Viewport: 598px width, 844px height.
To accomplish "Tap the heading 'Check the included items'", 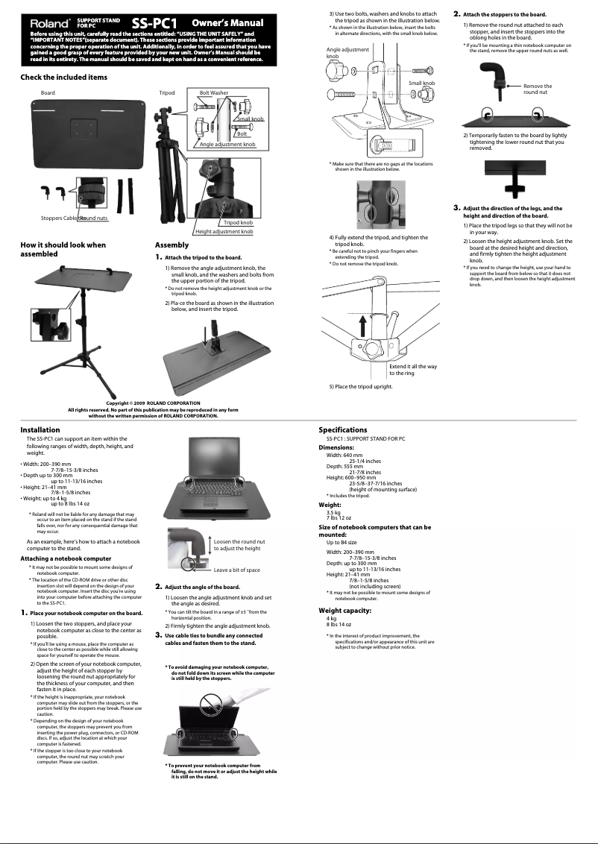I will [x=63, y=78].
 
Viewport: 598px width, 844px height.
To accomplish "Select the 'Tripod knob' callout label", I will [x=238, y=223].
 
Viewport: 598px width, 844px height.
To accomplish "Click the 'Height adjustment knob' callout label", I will [x=224, y=232].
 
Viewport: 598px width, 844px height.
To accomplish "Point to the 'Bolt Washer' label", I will [x=214, y=93].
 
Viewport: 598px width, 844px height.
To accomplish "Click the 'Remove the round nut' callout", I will [x=537, y=89].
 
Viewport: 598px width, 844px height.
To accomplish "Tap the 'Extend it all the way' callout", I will [x=413, y=370].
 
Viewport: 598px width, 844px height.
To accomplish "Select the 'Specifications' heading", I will [x=343, y=430].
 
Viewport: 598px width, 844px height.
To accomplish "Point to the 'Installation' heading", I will [x=40, y=430].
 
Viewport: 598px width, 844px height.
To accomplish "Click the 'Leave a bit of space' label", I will [x=236, y=570].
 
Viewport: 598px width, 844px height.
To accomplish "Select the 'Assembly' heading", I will [x=171, y=245].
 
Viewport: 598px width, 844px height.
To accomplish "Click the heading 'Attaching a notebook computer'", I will [x=66, y=558].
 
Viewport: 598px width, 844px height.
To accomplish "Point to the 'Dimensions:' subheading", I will [x=341, y=447].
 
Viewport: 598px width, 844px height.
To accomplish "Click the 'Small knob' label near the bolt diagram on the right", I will [x=421, y=83].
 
